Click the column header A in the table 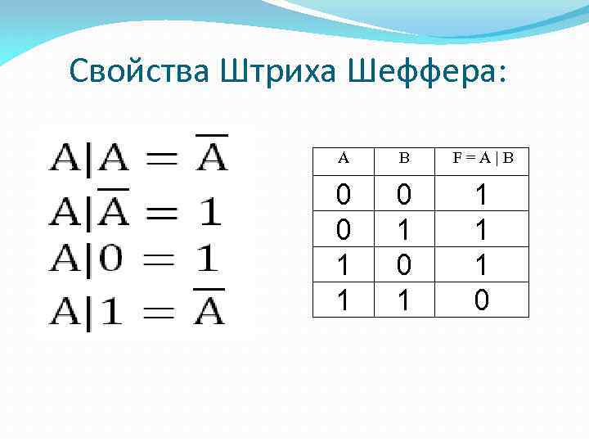[x=344, y=159]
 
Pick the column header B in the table [x=403, y=159]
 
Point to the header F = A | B [x=483, y=159]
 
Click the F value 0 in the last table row [x=483, y=302]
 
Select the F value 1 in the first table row [x=483, y=194]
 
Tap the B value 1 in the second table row [x=403, y=230]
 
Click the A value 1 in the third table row [x=344, y=266]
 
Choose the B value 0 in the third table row [x=403, y=266]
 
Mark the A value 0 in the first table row [x=344, y=194]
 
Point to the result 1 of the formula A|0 [x=209, y=261]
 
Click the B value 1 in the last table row [x=403, y=302]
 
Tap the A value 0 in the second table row [x=344, y=230]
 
